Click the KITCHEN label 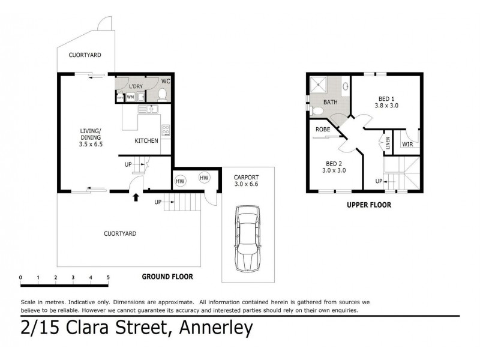pyautogui.click(x=146, y=141)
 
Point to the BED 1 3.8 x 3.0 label pyautogui.click(x=386, y=101)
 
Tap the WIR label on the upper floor pyautogui.click(x=407, y=144)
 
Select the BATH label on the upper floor pyautogui.click(x=330, y=102)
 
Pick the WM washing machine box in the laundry pyautogui.click(x=130, y=97)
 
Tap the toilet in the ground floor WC pyautogui.click(x=162, y=94)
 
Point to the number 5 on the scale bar pyautogui.click(x=108, y=278)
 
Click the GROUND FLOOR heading pyautogui.click(x=167, y=277)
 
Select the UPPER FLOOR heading pyautogui.click(x=368, y=205)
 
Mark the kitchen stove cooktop pyautogui.click(x=166, y=129)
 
